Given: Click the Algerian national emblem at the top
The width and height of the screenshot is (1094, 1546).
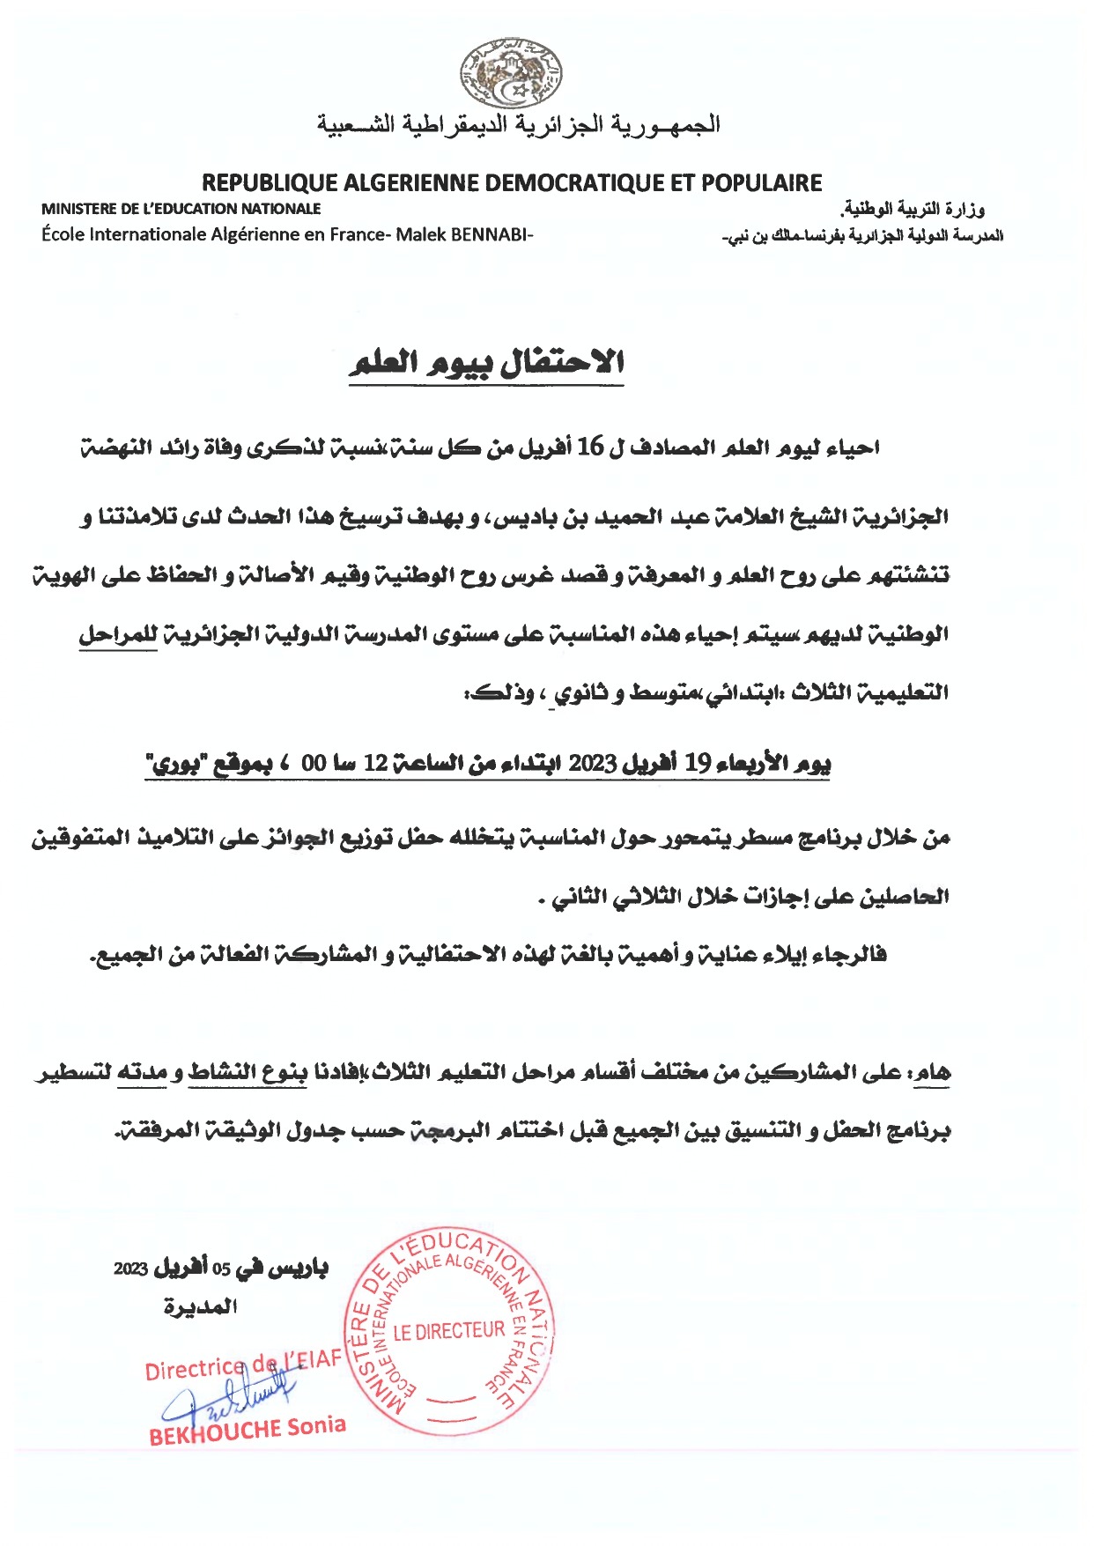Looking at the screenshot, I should point(511,73).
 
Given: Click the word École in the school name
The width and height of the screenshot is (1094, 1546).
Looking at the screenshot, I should point(63,235).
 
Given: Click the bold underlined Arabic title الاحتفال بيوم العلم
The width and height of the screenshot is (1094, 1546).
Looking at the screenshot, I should point(486,363).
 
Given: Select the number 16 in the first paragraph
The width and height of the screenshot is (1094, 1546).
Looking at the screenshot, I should point(590,448).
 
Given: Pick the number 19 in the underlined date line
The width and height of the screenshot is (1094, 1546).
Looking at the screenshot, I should point(698,764).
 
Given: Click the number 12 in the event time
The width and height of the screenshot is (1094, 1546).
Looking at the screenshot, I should point(376,764).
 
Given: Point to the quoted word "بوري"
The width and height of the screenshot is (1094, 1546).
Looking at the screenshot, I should point(173,764).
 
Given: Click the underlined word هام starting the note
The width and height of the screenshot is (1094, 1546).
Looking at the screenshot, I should point(932,1072).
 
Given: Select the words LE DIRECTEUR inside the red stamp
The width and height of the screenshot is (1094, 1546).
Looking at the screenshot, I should point(449,1331).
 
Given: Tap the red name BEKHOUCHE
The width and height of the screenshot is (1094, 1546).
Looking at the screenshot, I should point(215,1431).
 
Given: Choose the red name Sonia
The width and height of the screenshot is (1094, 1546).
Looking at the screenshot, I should point(316,1424).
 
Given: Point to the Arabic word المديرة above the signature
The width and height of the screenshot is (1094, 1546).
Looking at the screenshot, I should point(201,1306).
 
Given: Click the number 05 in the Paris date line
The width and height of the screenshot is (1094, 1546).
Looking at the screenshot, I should point(221,1269).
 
